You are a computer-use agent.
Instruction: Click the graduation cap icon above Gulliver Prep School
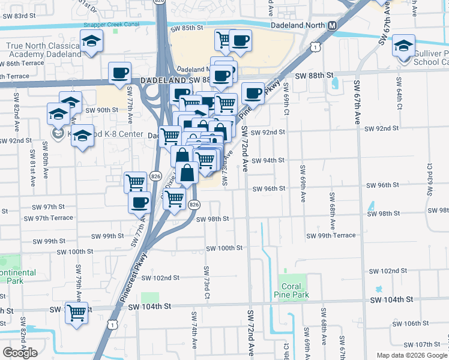tap(404, 46)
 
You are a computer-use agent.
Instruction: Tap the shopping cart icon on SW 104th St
tap(77, 313)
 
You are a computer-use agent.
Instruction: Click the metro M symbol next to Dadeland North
tap(332, 26)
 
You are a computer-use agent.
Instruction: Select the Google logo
tap(20, 352)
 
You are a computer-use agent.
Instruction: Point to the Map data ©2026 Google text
tap(411, 355)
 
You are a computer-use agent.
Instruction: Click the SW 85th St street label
tap(187, 28)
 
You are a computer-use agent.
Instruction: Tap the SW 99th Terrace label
tap(331, 236)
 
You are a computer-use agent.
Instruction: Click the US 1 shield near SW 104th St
tap(112, 323)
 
